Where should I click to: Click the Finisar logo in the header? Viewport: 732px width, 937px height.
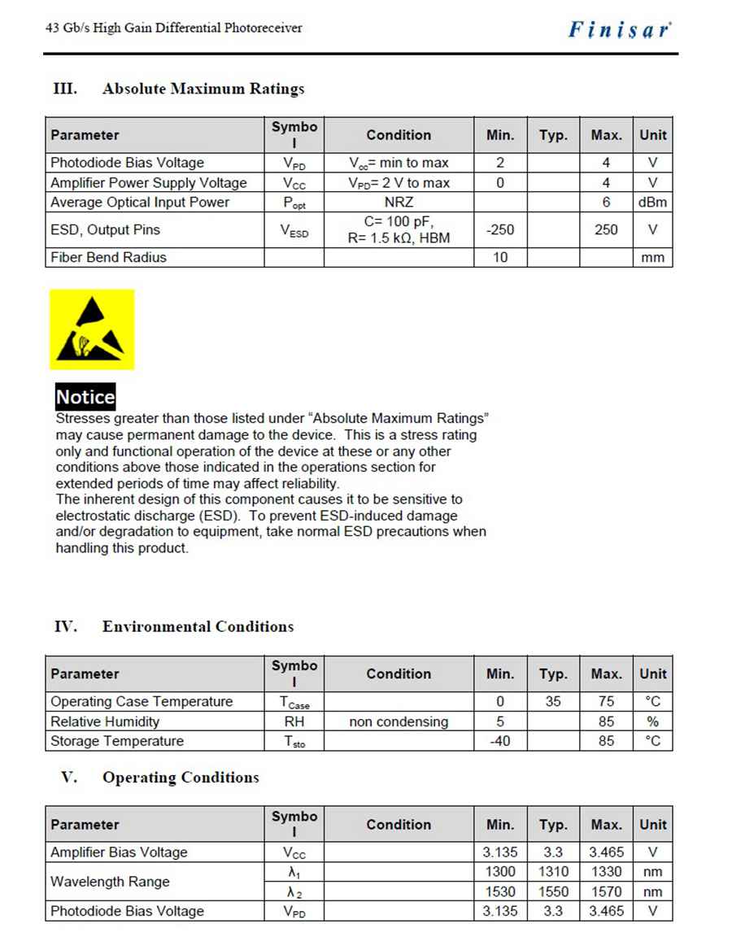tap(620, 30)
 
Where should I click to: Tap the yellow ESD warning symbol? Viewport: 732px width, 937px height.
tap(92, 329)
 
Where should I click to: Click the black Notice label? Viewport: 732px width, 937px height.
tap(85, 397)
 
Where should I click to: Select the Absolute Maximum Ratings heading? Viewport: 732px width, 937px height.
tap(203, 89)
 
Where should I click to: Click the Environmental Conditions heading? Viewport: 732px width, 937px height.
tap(198, 626)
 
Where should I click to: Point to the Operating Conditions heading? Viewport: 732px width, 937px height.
tap(180, 778)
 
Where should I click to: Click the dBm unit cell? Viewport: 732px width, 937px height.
tap(652, 203)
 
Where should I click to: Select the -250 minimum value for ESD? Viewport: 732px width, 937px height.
tap(500, 230)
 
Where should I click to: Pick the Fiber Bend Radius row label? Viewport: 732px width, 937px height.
tap(108, 258)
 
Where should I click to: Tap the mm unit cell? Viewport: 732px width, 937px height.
tap(652, 258)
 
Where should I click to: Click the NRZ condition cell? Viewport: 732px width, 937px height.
tap(399, 203)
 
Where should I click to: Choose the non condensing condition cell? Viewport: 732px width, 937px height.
tap(399, 721)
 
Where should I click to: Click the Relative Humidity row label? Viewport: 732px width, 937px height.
tap(105, 721)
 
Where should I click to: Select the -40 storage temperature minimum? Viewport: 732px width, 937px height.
tap(500, 741)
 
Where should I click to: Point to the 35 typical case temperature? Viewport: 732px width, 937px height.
tap(553, 701)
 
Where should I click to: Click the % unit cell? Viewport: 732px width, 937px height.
tap(652, 721)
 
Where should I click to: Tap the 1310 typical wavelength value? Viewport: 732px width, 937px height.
tap(553, 872)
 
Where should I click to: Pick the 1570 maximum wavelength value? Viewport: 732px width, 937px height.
tap(606, 891)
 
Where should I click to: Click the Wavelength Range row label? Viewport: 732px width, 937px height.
tap(110, 882)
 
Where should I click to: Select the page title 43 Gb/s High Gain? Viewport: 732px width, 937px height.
tap(173, 28)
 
